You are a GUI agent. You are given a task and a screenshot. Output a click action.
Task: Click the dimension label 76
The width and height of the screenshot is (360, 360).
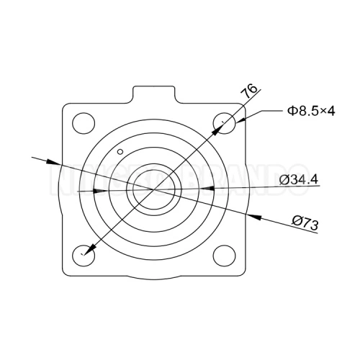[x=249, y=92]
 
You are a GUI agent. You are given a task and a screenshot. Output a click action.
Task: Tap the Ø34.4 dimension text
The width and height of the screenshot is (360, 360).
[x=299, y=179]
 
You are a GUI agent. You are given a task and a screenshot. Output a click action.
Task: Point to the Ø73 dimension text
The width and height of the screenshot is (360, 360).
[x=306, y=224]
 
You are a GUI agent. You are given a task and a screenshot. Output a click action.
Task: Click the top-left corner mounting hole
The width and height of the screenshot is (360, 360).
[x=84, y=122]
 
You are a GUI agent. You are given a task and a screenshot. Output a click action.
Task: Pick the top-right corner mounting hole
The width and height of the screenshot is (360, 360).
[x=226, y=122]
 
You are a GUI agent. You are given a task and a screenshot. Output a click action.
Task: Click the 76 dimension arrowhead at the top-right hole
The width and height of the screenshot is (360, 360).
[x=218, y=130]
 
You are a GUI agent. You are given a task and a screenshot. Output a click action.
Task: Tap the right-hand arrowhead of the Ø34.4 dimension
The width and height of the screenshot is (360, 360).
[x=204, y=189]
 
